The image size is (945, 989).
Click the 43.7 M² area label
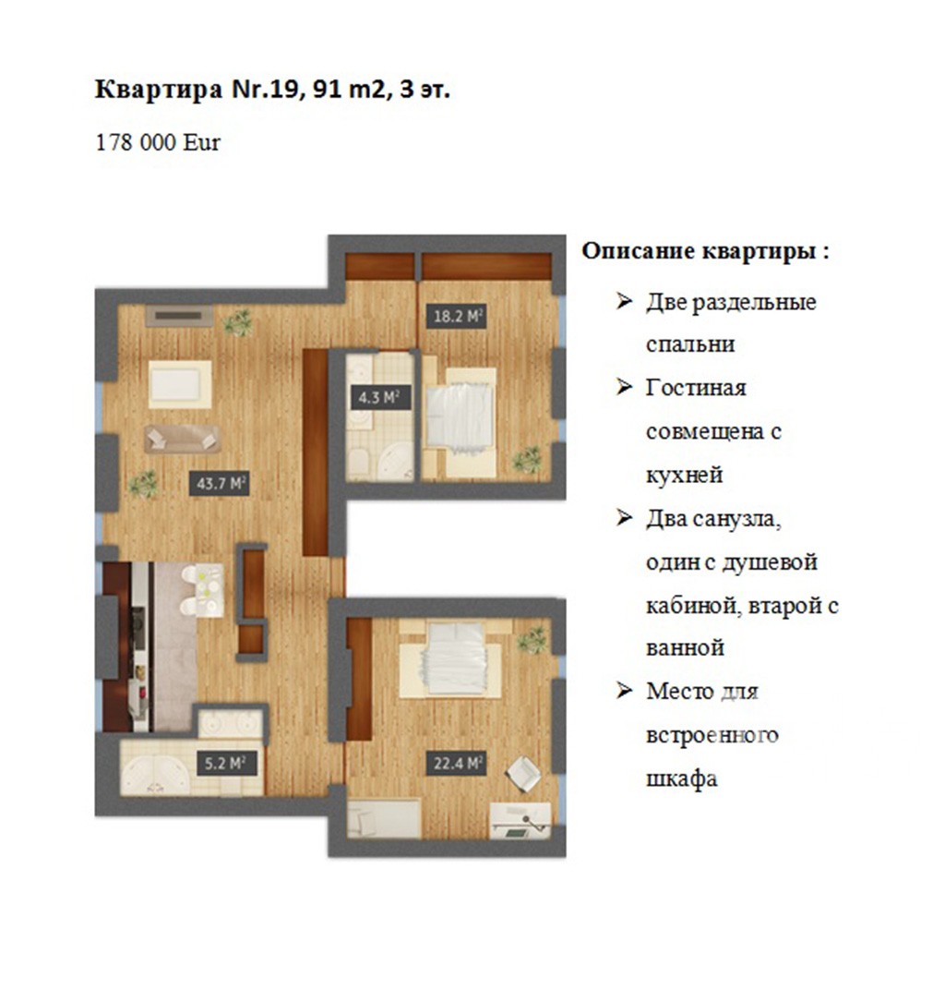tap(220, 484)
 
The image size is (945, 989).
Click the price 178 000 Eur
tap(158, 142)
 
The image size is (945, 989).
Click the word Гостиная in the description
tap(696, 387)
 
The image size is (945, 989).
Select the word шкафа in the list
tap(681, 778)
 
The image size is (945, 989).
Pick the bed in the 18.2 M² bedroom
tap(459, 416)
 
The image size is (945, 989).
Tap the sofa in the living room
tap(182, 439)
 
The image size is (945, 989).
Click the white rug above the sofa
tap(180, 384)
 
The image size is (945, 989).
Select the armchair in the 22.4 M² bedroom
tap(523, 773)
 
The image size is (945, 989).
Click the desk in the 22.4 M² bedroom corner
tap(520, 821)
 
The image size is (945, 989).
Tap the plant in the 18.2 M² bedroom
tap(527, 460)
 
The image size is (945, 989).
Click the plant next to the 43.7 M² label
tap(144, 484)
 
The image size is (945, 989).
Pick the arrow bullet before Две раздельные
tap(624, 301)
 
